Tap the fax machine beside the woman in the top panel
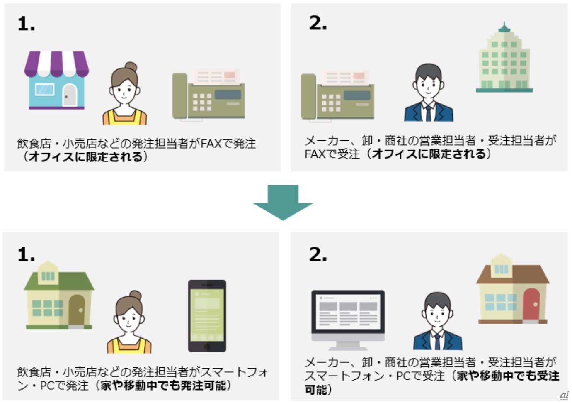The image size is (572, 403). pyautogui.click(x=209, y=96)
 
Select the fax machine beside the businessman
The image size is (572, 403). pyautogui.click(x=337, y=97)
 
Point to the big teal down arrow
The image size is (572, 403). pyautogui.click(x=283, y=202)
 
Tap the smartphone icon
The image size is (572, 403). pyautogui.click(x=207, y=315)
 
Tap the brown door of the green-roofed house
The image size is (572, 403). pyautogui.click(x=77, y=310)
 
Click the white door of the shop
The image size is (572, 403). pyautogui.click(x=70, y=95)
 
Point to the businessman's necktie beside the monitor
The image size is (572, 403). pyautogui.click(x=437, y=341)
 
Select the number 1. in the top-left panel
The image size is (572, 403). pyautogui.click(x=26, y=24)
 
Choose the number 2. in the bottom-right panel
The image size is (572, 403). pyautogui.click(x=318, y=254)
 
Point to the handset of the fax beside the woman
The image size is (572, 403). pyautogui.click(x=180, y=96)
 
